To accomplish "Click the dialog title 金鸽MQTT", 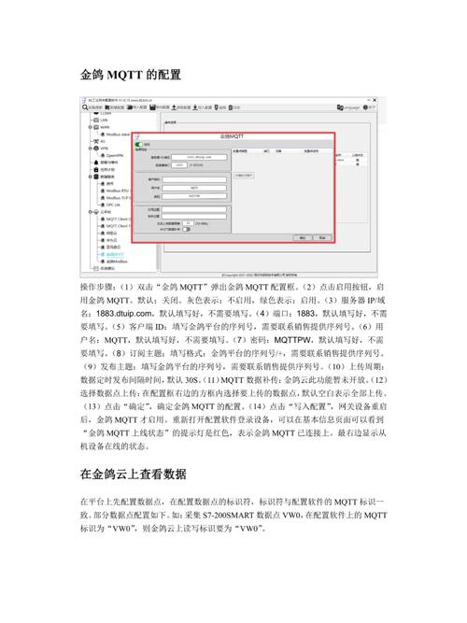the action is pos(233,136).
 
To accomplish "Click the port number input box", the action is pos(180,165).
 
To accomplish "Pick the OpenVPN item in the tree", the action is pos(116,154).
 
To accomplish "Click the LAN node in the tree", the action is pos(105,120).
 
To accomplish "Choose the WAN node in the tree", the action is pos(105,127).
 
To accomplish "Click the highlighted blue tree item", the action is pos(116,253).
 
